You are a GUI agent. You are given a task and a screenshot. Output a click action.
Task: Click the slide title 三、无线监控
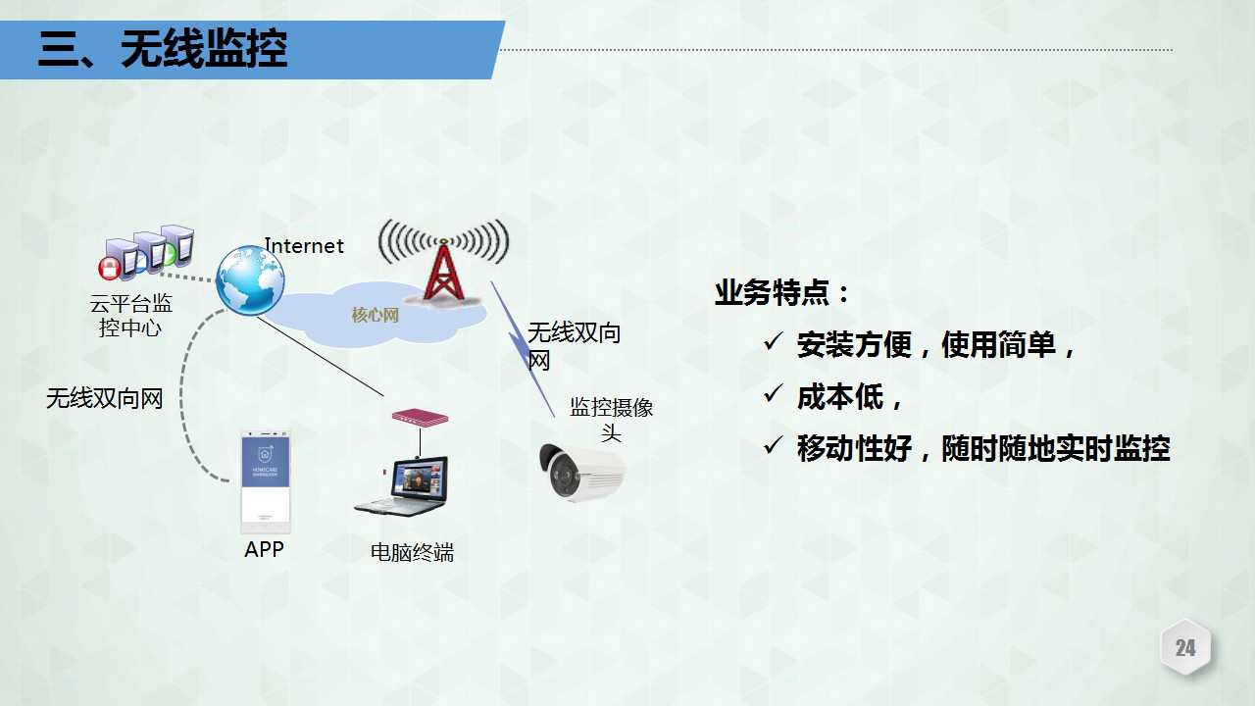pyautogui.click(x=163, y=49)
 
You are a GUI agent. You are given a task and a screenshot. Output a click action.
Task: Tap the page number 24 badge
pyautogui.click(x=1185, y=648)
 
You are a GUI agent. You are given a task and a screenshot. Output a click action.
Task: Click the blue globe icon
pyautogui.click(x=250, y=280)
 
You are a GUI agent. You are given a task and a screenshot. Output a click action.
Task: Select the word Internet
pyautogui.click(x=304, y=245)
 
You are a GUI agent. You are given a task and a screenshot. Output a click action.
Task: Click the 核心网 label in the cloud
pyautogui.click(x=375, y=315)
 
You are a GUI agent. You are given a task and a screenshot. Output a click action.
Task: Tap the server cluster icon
pyautogui.click(x=147, y=252)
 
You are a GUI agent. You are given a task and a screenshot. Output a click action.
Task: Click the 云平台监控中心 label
pyautogui.click(x=130, y=316)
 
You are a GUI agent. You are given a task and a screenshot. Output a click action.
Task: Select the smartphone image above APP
pyautogui.click(x=266, y=481)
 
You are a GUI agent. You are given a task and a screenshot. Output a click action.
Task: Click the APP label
pyautogui.click(x=264, y=549)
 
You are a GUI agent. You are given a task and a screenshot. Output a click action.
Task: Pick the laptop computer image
pyautogui.click(x=402, y=486)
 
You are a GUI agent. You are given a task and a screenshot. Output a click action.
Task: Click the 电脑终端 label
pyautogui.click(x=412, y=552)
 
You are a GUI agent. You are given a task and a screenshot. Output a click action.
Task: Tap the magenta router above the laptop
pyautogui.click(x=421, y=418)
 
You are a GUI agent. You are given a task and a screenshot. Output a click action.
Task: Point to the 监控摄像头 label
pyautogui.click(x=611, y=419)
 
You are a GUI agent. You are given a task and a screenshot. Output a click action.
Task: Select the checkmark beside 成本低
pyautogui.click(x=773, y=394)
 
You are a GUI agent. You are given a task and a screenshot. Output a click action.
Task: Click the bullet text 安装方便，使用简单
pyautogui.click(x=936, y=344)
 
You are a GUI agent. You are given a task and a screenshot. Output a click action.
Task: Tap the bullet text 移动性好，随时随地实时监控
pyautogui.click(x=983, y=448)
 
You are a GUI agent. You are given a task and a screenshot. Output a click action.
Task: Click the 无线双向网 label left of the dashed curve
pyautogui.click(x=104, y=398)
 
